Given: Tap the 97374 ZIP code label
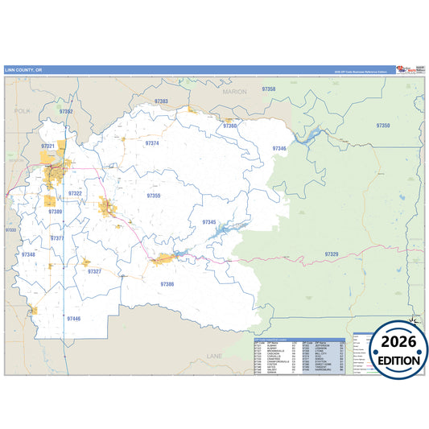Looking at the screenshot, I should point(152,142).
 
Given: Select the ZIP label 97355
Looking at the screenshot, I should point(154,196).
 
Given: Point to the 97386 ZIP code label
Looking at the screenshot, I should point(167,284).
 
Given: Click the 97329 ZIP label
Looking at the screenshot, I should point(332,254).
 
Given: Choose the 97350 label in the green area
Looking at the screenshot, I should point(383,126).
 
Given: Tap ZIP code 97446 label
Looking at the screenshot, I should point(74,319).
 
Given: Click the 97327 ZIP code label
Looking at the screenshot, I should point(94,271).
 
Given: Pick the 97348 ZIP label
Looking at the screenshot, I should point(28,254).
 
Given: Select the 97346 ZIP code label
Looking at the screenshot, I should point(278,148).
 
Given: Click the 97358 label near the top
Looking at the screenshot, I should point(269,89).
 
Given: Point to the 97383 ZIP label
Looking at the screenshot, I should point(161,101).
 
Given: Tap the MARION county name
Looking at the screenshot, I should point(235,92).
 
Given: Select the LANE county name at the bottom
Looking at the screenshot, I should point(214,355).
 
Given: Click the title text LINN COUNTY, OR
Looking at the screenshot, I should point(23,69).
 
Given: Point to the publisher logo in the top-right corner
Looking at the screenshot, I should point(419,69).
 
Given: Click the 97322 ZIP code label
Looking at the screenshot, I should point(76,193).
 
